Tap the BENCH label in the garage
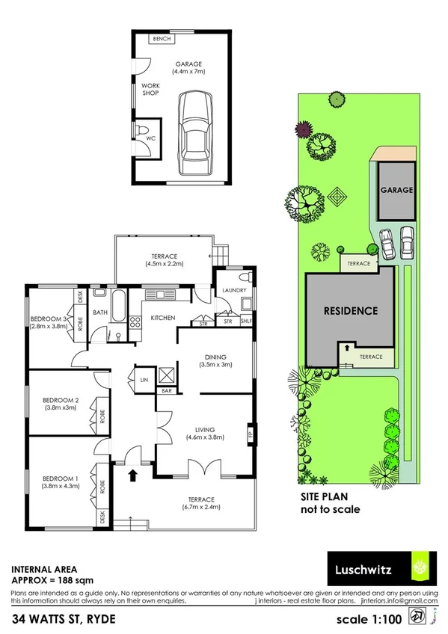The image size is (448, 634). point(161,39)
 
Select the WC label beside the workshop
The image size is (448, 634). point(150,138)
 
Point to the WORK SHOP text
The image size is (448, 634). point(152,90)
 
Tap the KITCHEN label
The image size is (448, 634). point(163,318)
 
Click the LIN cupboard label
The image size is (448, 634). point(144,380)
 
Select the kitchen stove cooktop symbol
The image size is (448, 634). point(136,324)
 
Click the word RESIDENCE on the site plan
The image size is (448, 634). point(350,310)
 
